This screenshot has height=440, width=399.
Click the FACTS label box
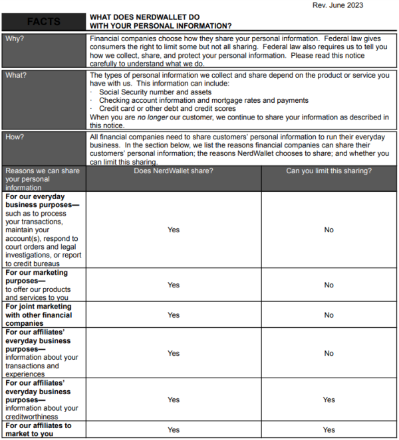coord(43,21)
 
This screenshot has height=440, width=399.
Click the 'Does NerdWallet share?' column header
coord(174,171)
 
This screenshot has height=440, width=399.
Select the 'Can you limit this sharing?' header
coord(329,171)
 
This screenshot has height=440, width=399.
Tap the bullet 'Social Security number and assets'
coord(155,92)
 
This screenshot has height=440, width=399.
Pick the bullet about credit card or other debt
coord(169,108)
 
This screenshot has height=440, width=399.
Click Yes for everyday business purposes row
coord(174,230)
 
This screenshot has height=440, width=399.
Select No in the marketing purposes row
coord(329,285)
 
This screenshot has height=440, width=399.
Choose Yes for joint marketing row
coord(174,315)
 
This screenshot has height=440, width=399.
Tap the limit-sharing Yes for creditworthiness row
coord(329,400)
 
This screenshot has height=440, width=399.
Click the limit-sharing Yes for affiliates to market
coord(329,430)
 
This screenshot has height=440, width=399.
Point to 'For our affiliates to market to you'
coord(39,429)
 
